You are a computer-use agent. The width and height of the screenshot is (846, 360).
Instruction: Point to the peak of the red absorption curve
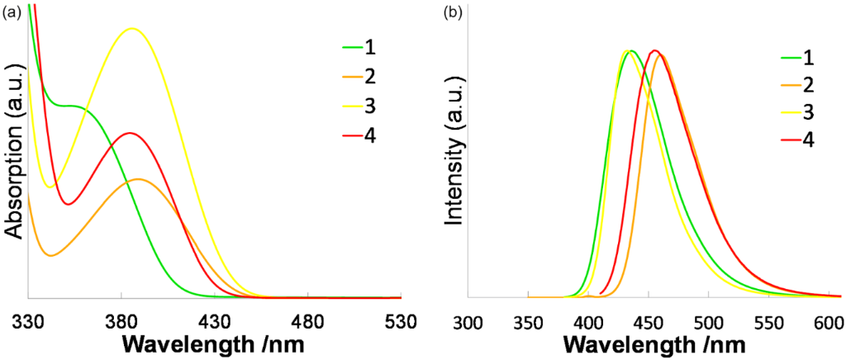[x=129, y=133]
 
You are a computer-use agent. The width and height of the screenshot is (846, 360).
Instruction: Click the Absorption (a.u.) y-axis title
[x=15, y=163]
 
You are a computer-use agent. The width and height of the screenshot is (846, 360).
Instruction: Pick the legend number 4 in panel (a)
[x=369, y=135]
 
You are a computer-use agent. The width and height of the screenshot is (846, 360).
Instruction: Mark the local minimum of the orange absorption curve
[x=50, y=255]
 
